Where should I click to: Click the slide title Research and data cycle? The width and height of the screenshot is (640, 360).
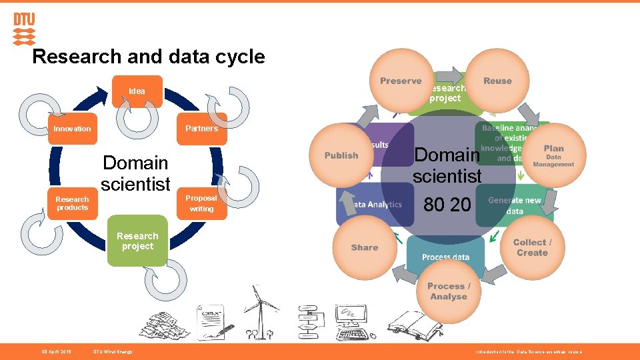pos(148,57)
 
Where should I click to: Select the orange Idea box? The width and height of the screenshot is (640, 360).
pos(137,91)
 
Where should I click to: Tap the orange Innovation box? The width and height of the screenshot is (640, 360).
pos(72,129)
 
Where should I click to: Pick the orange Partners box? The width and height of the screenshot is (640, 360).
pos(201,129)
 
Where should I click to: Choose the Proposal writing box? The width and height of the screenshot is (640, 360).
pos(201,203)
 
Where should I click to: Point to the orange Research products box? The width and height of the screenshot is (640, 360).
pos(72,203)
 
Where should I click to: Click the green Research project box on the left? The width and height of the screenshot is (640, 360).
pos(137,241)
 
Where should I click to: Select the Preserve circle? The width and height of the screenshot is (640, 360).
pos(401,81)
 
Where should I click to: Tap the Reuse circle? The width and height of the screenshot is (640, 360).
pos(497,81)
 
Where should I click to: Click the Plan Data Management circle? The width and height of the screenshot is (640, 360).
pos(553,155)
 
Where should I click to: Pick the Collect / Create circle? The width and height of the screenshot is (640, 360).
pos(531,247)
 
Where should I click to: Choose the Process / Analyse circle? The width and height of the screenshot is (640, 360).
pos(449,291)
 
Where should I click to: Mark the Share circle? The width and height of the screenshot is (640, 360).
pos(364,247)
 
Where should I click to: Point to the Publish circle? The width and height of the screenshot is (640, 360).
pos(341,155)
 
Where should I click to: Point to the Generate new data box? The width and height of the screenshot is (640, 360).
pos(515,205)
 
